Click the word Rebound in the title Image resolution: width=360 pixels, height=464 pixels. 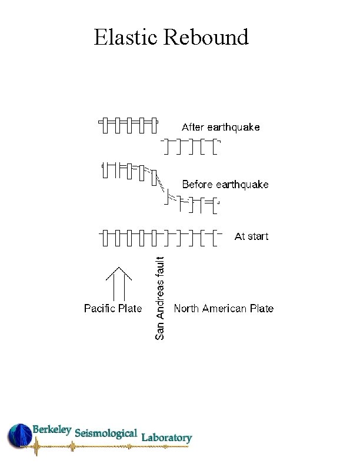coord(206,37)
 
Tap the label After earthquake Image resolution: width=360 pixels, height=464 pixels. coord(221,127)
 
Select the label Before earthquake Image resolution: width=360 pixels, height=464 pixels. coord(225,185)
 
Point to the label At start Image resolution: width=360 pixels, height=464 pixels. coord(251,236)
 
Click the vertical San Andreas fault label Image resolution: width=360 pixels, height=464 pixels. coord(160,296)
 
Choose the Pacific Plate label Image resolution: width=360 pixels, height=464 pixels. coord(113,308)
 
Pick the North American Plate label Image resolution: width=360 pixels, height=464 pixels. coord(224,308)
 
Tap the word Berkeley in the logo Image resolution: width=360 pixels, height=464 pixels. coord(52,430)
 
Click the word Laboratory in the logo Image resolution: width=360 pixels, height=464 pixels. coord(166,438)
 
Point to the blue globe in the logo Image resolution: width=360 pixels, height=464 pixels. coord(19,436)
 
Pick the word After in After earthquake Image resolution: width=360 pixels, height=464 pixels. coord(193,127)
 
